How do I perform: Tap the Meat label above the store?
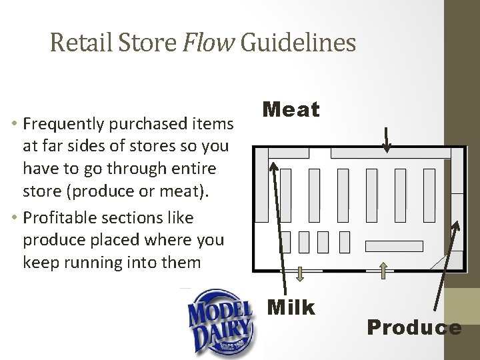[291, 108]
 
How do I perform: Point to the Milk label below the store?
[290, 307]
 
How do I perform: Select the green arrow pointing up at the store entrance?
[384, 269]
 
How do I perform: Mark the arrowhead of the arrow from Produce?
[457, 226]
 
